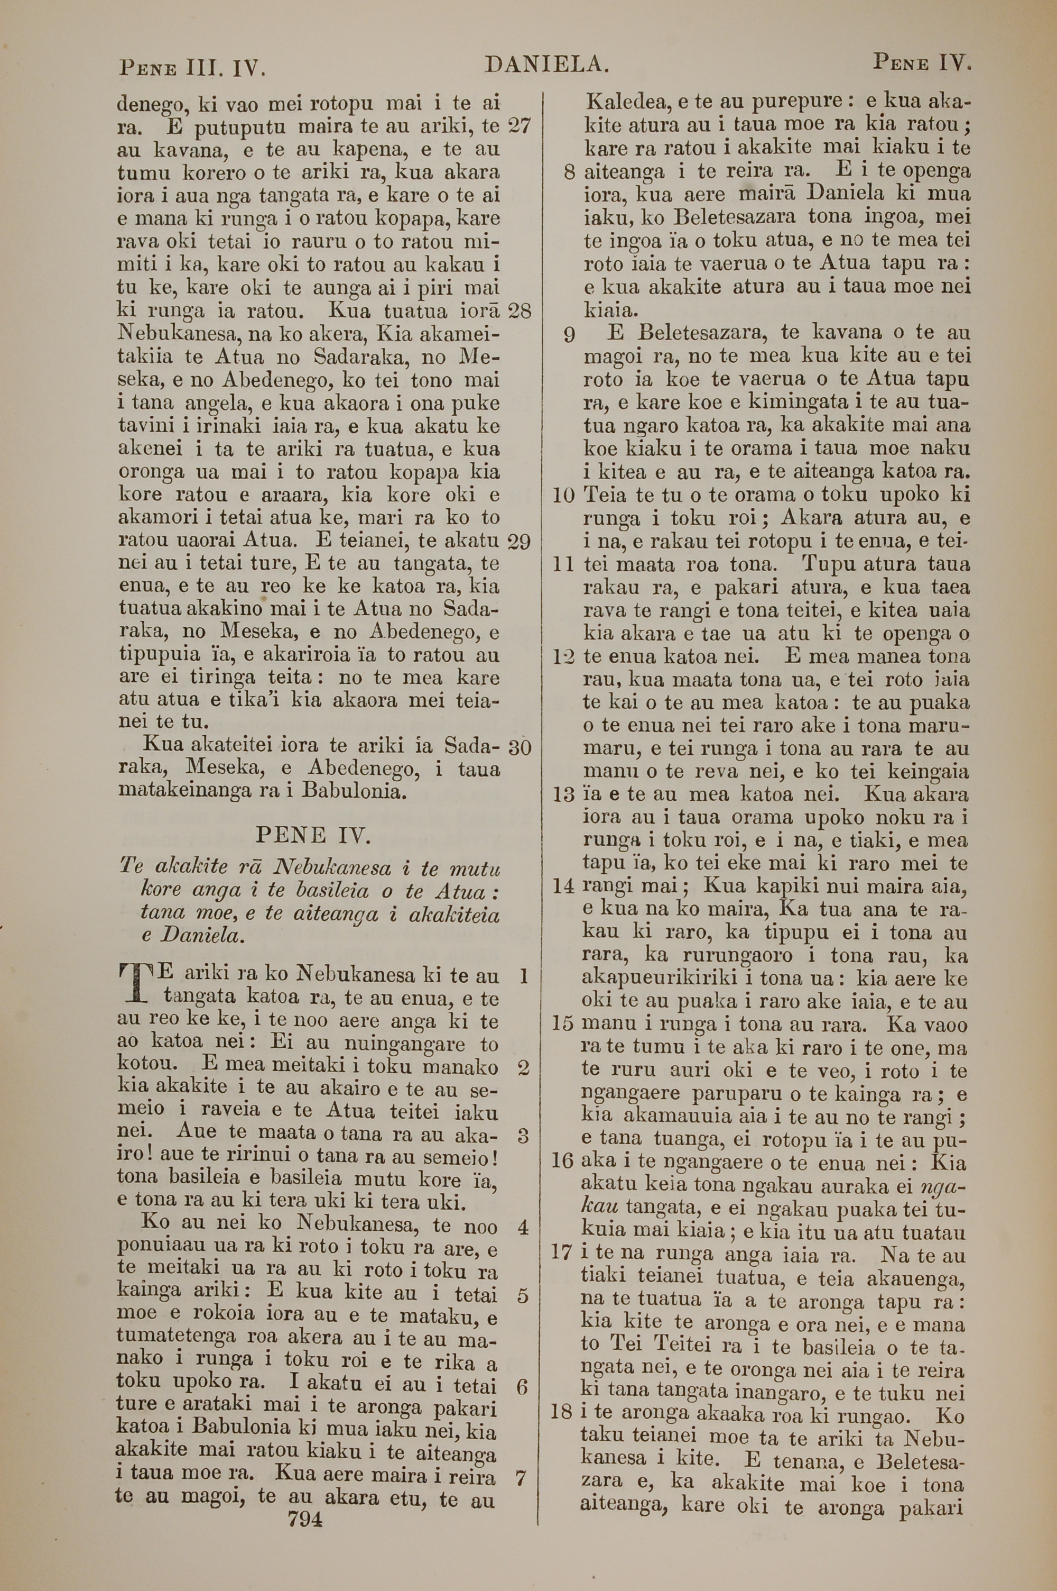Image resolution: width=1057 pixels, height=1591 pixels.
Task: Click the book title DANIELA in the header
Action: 546,65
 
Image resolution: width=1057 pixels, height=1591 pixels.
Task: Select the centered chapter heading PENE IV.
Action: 313,836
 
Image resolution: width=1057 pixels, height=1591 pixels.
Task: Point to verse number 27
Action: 518,125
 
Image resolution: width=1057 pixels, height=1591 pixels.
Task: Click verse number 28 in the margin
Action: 519,310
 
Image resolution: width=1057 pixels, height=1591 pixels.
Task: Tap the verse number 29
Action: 518,542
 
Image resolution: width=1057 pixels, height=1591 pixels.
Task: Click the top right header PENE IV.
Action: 922,63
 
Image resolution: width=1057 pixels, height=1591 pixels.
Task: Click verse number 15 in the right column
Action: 562,1025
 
